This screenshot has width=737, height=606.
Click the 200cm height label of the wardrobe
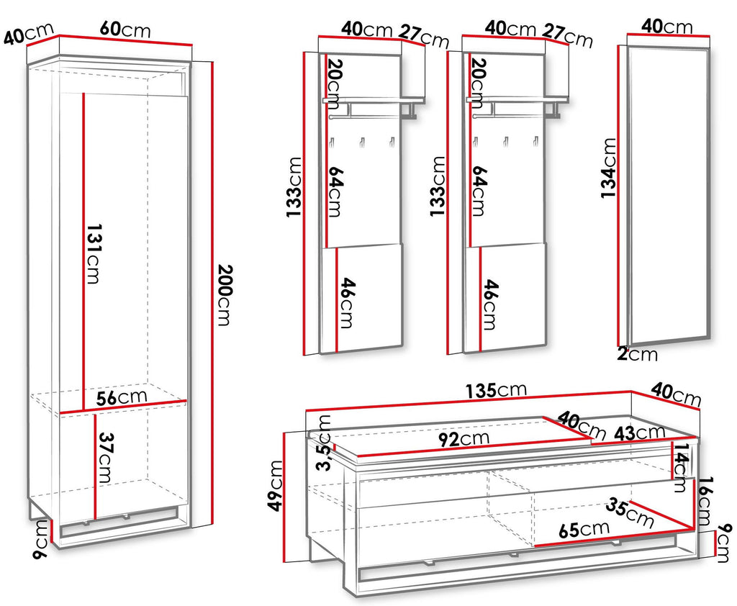click(225, 295)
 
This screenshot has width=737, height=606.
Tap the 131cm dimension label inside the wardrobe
click(94, 254)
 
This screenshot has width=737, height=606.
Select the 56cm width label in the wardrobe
click(122, 397)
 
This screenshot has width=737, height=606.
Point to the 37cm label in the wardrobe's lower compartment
click(105, 458)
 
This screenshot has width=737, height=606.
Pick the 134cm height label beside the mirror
click(609, 168)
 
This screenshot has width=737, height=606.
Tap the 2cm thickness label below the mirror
click(638, 353)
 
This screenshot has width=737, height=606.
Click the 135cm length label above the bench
click(497, 390)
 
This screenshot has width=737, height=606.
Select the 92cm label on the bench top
click(464, 439)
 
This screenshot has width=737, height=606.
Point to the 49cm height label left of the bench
click(275, 486)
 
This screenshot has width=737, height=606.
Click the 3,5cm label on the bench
click(325, 443)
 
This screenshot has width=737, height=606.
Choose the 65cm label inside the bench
click(584, 530)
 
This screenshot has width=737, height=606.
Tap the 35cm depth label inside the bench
click(629, 512)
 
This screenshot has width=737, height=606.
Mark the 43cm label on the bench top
click(641, 433)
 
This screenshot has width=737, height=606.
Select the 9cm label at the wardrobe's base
click(41, 540)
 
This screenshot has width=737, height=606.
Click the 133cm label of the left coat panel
click(294, 187)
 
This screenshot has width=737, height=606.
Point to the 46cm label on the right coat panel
click(491, 304)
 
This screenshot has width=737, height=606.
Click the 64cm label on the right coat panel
click(479, 191)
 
